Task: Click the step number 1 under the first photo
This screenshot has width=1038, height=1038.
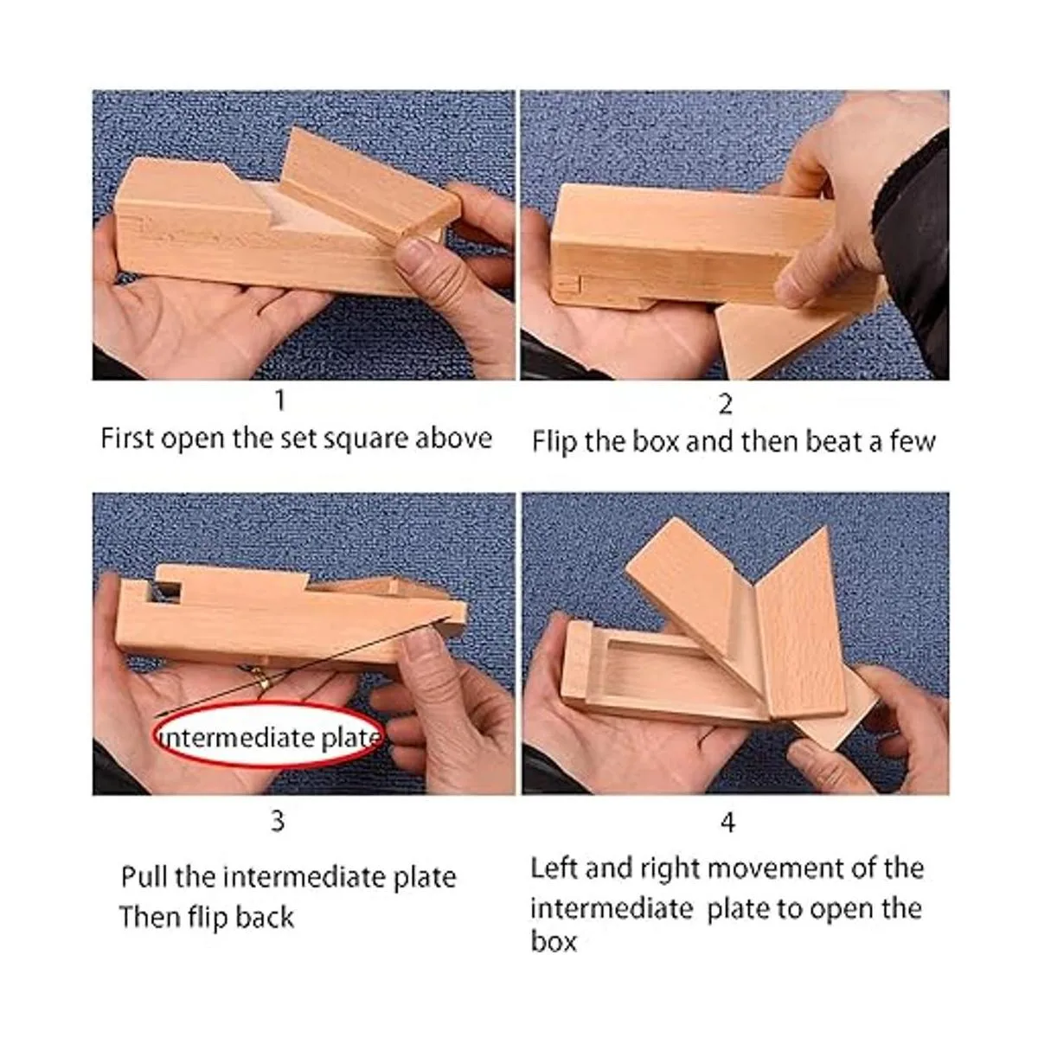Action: pos(279,400)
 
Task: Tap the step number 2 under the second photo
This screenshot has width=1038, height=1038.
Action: pos(726,404)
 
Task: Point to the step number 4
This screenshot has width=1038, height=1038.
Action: pos(727,822)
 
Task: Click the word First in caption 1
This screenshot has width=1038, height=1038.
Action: pos(127,439)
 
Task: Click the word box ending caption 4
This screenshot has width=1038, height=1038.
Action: pos(554,941)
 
